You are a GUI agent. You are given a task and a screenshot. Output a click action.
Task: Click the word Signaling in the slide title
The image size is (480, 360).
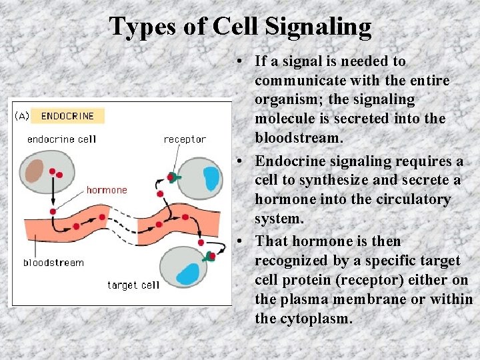tap(318, 27)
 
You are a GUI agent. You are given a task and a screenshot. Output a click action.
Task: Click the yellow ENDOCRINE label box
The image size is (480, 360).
tap(67, 116)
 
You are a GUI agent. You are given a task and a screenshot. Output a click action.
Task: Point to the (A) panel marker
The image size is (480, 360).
tap(21, 116)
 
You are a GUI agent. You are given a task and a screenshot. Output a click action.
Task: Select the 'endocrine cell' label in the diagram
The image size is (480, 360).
tap(61, 139)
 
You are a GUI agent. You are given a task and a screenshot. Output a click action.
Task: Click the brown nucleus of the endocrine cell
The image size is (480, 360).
tap(34, 171)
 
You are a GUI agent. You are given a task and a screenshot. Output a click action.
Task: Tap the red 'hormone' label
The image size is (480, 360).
tap(106, 190)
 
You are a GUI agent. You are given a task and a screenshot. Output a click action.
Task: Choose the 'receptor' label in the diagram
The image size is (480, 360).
tap(185, 139)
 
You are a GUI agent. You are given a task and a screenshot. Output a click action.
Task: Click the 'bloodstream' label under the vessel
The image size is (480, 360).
tap(53, 262)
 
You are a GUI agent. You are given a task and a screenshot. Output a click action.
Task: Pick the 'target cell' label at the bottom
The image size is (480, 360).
tap(133, 285)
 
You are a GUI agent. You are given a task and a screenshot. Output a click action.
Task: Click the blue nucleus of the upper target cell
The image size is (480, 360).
tap(211, 177)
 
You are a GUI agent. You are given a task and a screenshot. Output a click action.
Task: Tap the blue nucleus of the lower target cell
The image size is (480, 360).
tap(189, 273)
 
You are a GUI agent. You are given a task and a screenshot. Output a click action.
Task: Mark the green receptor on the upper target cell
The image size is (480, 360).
tap(174, 177)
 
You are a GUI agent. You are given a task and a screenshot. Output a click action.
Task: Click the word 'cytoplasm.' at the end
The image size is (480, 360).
tap(316, 319)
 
